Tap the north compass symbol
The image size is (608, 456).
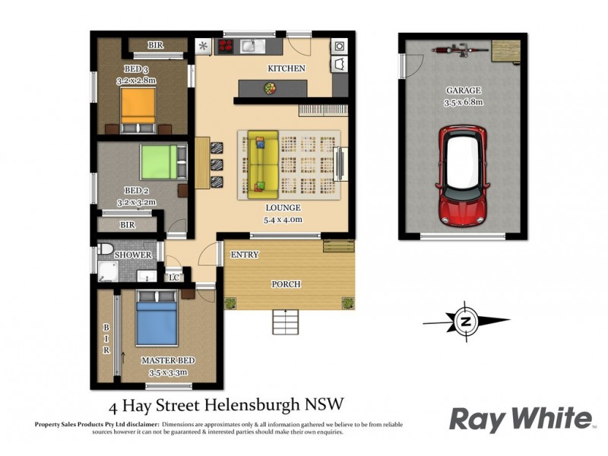tap(465, 321)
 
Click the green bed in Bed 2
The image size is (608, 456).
tap(159, 162)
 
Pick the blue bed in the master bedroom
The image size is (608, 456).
tap(157, 322)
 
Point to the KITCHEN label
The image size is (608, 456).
tap(286, 68)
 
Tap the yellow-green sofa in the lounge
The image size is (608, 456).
tap(258, 161)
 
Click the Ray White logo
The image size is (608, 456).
tap(521, 419)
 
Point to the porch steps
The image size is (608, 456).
tap(287, 322)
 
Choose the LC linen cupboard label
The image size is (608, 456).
tap(174, 277)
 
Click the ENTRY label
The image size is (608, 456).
tap(245, 255)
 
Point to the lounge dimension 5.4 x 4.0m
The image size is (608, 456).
tap(283, 220)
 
